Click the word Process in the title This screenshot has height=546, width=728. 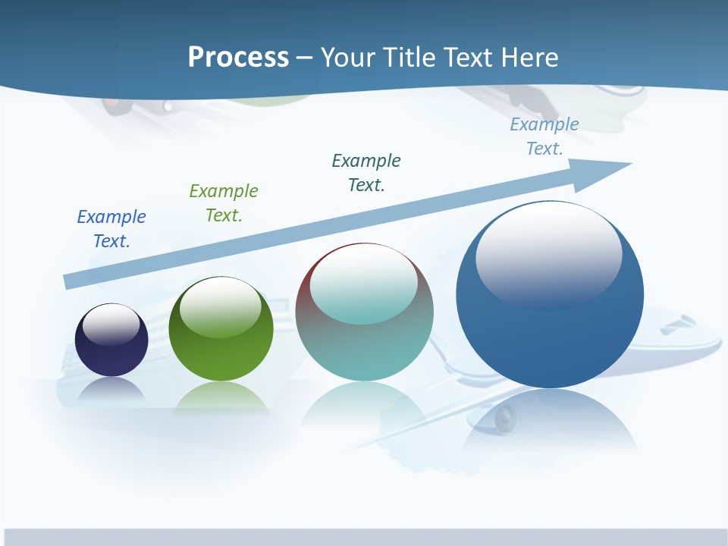coord(238,58)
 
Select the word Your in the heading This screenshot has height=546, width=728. coord(347,58)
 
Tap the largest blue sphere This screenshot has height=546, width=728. coord(550,334)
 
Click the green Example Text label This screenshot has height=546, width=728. coord(224,203)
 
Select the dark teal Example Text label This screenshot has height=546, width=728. coord(366,173)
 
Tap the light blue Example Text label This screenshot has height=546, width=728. coord(544,136)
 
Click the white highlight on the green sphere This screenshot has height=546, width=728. coord(221,307)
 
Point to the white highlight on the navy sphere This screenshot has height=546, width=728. coord(111,325)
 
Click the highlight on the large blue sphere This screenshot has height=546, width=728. coord(548,254)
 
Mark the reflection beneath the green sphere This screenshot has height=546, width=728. coord(221,397)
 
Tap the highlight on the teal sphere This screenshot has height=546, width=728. coord(364,284)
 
